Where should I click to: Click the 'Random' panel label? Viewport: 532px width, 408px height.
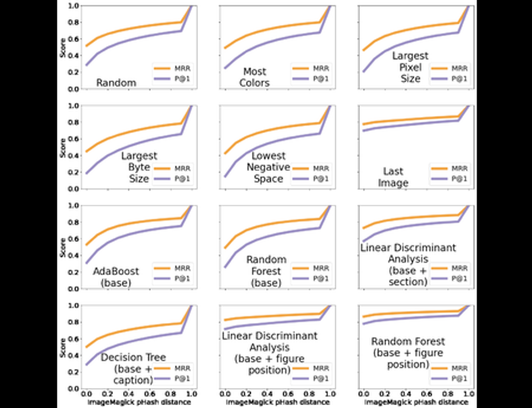(x=117, y=83)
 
